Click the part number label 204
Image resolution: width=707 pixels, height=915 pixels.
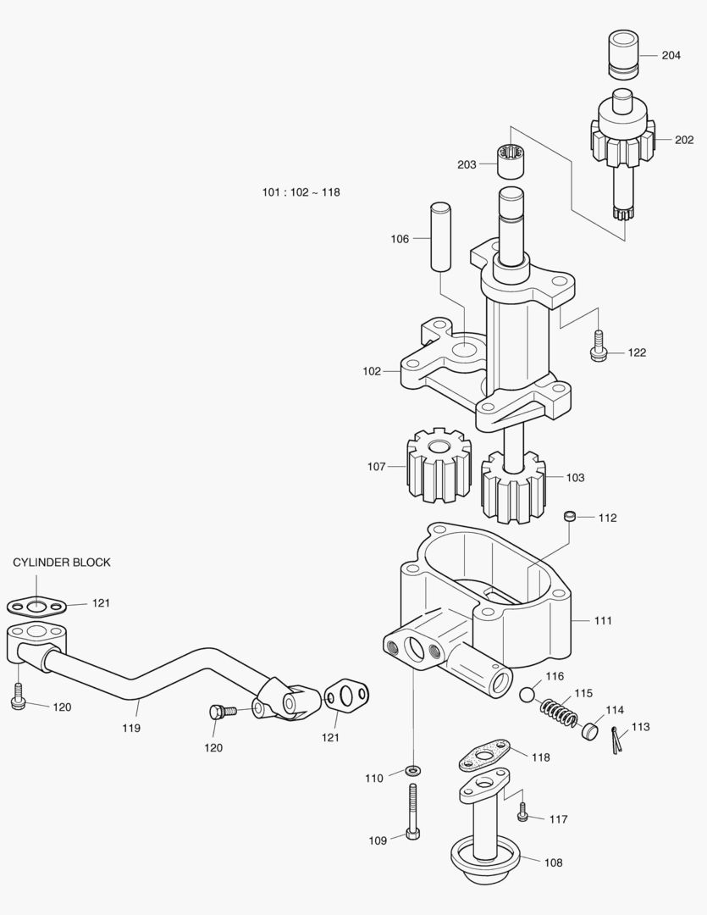(x=671, y=55)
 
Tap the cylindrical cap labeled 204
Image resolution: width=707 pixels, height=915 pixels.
(x=623, y=53)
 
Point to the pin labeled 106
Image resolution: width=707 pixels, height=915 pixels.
(x=441, y=236)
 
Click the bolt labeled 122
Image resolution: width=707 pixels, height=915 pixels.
(x=598, y=346)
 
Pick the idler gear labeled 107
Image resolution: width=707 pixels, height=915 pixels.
(x=438, y=466)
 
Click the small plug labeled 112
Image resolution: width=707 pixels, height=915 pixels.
(x=570, y=517)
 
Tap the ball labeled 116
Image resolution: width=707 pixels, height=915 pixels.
(x=527, y=695)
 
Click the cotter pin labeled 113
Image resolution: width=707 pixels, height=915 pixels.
(x=616, y=740)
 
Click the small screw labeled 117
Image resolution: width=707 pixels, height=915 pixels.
(x=522, y=812)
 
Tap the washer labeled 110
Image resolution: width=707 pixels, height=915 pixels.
(x=413, y=771)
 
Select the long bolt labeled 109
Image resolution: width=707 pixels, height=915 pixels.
(x=412, y=811)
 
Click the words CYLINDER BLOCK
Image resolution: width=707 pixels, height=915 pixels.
(x=62, y=563)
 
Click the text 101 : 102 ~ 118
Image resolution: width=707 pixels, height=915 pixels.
(x=301, y=192)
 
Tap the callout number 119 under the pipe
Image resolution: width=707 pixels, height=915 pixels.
(x=131, y=728)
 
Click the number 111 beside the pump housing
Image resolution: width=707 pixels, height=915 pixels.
(x=603, y=620)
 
